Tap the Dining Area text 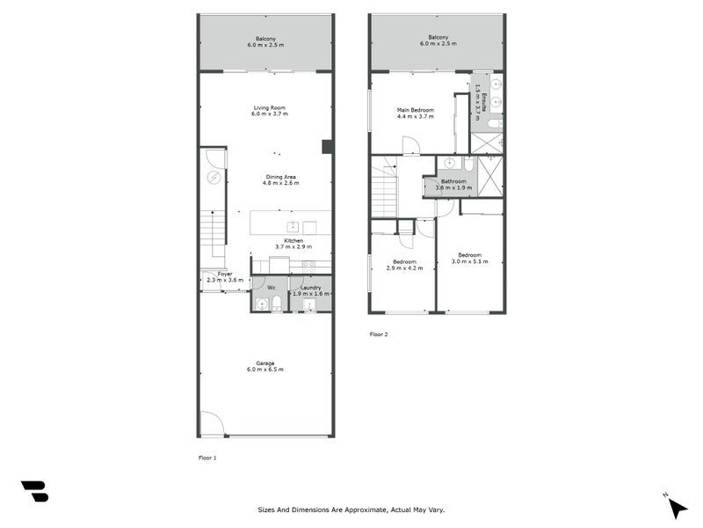click(x=282, y=176)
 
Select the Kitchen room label click(x=293, y=240)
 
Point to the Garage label click(x=265, y=363)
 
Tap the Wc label click(x=272, y=287)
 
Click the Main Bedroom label click(x=416, y=109)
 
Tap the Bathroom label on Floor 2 click(x=453, y=180)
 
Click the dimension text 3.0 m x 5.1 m click(x=469, y=261)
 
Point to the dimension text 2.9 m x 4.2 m click(x=403, y=268)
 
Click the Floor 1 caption click(x=207, y=458)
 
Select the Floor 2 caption click(x=379, y=334)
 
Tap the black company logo click(x=34, y=491)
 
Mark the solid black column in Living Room click(x=327, y=147)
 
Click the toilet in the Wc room click(x=277, y=304)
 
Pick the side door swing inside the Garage click(x=211, y=424)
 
